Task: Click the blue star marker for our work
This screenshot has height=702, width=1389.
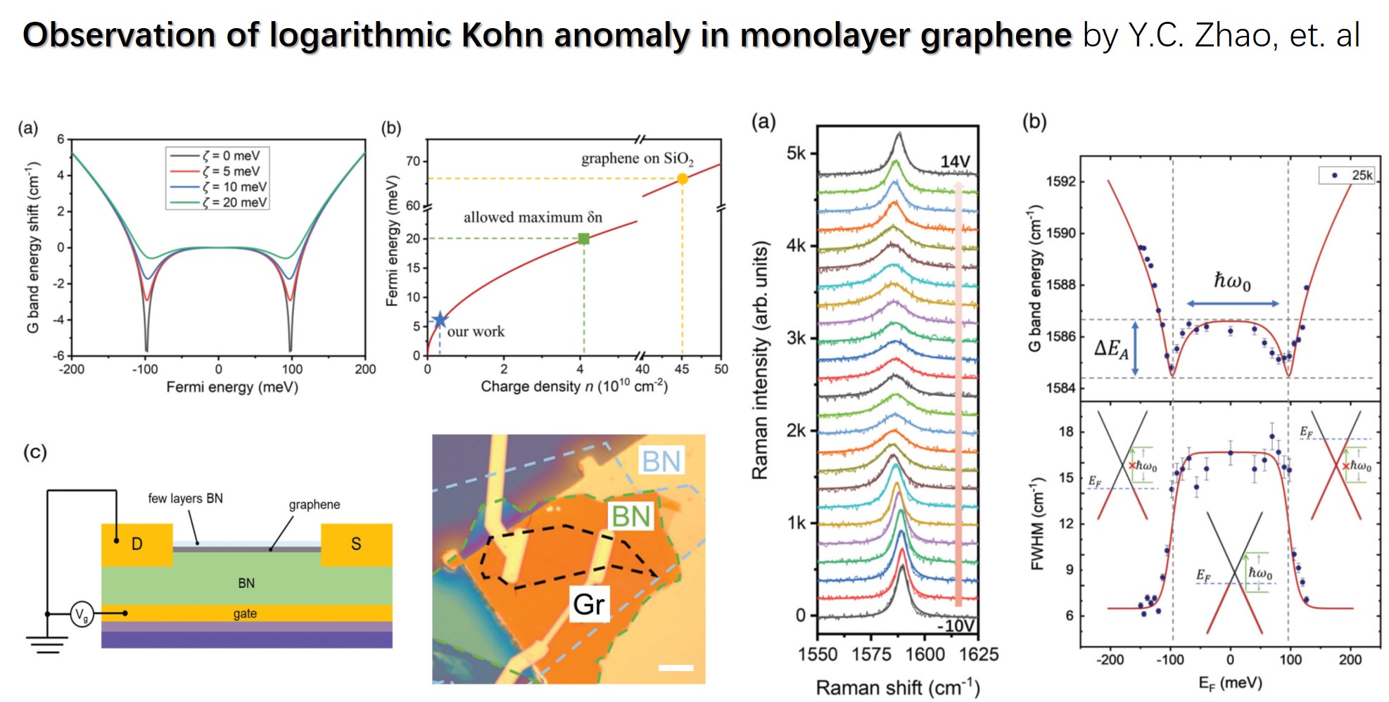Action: pos(439,320)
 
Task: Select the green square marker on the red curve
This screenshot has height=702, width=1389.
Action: pos(583,238)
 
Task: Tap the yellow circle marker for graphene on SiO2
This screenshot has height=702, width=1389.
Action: pos(682,179)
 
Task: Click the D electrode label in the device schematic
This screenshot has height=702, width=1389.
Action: pos(137,544)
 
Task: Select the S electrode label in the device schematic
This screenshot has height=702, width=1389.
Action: pos(356,544)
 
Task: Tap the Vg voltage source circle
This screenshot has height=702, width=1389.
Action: pos(82,615)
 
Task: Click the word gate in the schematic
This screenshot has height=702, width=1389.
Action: pos(245,613)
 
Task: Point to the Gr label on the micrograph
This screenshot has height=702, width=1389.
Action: pos(588,604)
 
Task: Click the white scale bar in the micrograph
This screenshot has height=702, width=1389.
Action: pos(676,668)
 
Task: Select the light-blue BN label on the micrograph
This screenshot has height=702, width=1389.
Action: pos(661,461)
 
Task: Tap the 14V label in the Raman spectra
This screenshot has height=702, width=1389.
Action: pos(955,162)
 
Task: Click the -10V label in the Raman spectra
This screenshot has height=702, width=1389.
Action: pos(956,625)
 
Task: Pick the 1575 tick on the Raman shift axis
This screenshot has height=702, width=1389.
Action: pos(871,654)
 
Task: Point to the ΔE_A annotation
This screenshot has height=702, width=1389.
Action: pos(1111,348)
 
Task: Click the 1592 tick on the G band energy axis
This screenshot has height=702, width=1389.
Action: pos(1060,181)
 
